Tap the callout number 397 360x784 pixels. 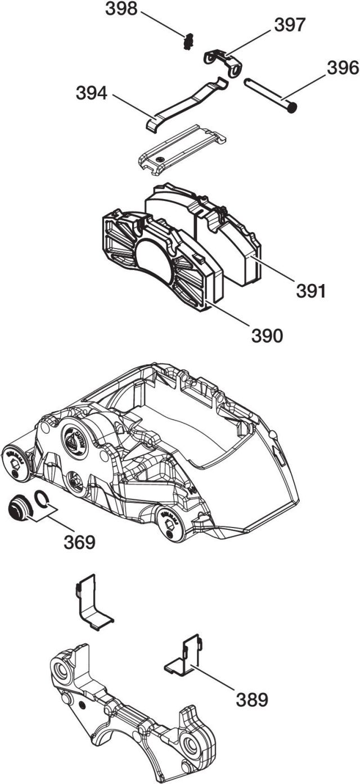pyautogui.click(x=290, y=25)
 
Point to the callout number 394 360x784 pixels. pyautogui.click(x=92, y=94)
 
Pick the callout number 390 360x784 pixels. pyautogui.click(x=267, y=336)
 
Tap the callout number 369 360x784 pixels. pyautogui.click(x=79, y=542)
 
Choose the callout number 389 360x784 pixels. pyautogui.click(x=251, y=700)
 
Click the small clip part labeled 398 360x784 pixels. pyautogui.click(x=190, y=41)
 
